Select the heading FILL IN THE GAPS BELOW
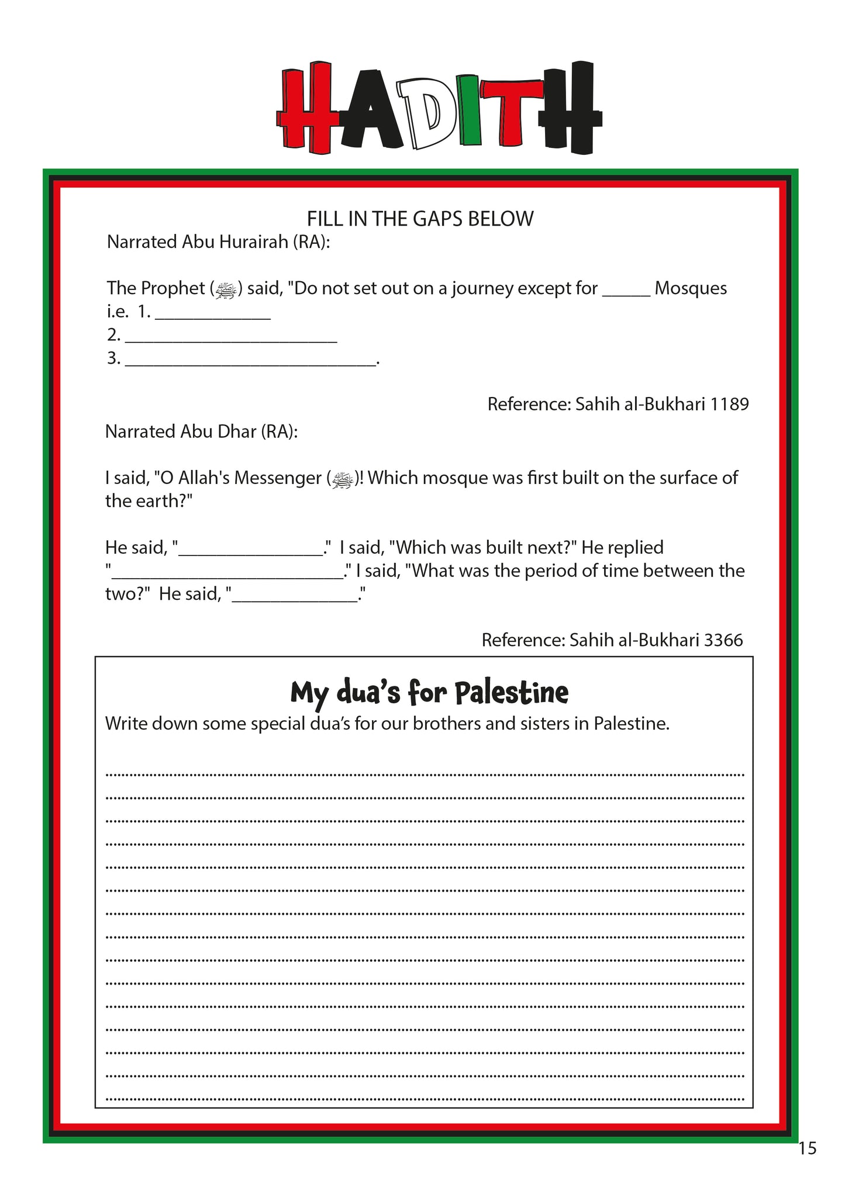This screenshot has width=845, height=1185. pos(420,219)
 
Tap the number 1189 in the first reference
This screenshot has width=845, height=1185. pos(729,404)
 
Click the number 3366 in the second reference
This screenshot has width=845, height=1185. pos(723,640)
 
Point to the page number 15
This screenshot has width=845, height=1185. pos(807,1149)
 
